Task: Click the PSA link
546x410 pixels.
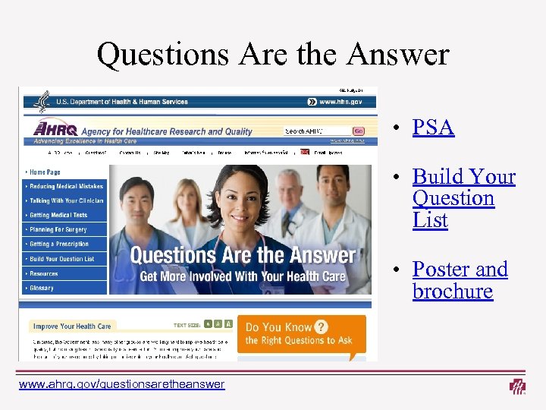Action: pyautogui.click(x=433, y=128)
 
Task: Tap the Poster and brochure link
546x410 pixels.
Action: pyautogui.click(x=460, y=280)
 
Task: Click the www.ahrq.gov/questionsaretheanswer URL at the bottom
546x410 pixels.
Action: pyautogui.click(x=121, y=384)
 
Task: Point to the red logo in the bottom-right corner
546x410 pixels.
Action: pyautogui.click(x=518, y=386)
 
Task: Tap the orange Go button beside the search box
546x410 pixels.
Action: pyautogui.click(x=358, y=131)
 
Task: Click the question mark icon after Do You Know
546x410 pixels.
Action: pyautogui.click(x=322, y=327)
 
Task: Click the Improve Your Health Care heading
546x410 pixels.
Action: pyautogui.click(x=74, y=326)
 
